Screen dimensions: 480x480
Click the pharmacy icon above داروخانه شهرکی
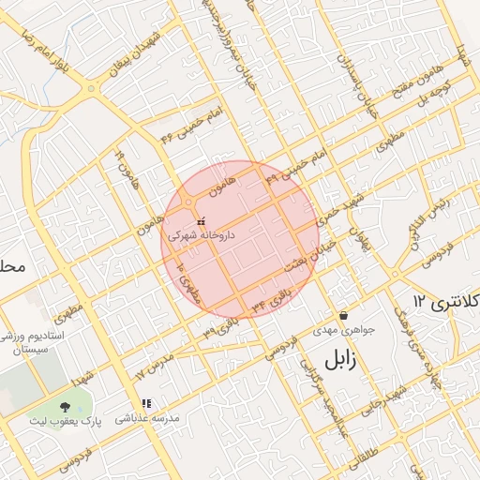[x=199, y=223]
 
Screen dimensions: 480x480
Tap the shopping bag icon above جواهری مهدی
[x=345, y=316]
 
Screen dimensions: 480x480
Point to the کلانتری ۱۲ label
[x=445, y=302]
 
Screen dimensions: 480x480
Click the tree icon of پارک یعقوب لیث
[x=65, y=407]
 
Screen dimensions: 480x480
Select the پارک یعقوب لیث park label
[x=65, y=421]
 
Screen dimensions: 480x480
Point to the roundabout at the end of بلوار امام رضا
[x=92, y=90]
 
